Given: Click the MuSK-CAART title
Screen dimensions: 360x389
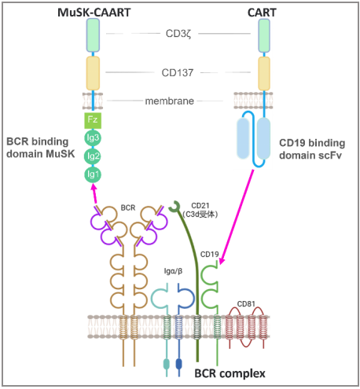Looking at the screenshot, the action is pyautogui.click(x=94, y=13).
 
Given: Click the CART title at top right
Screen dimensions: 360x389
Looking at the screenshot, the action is pyautogui.click(x=262, y=13).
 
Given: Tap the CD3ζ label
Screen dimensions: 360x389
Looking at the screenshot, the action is pyautogui.click(x=178, y=34).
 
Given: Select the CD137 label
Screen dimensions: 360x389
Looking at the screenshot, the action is pyautogui.click(x=178, y=72).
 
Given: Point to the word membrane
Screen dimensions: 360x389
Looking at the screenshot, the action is pyautogui.click(x=170, y=101).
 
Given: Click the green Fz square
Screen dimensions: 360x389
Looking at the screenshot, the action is pyautogui.click(x=93, y=120).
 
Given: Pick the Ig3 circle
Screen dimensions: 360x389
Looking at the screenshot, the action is pyautogui.click(x=93, y=138).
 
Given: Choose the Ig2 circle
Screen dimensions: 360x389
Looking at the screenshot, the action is pyautogui.click(x=93, y=156).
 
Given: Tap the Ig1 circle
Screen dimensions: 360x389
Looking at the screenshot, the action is pyautogui.click(x=93, y=174).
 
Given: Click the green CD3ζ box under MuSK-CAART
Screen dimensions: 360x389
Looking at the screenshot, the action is pyautogui.click(x=93, y=35).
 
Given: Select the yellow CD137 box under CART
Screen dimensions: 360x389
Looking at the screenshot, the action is pyautogui.click(x=264, y=74).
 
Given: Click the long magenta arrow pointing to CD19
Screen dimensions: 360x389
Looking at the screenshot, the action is pyautogui.click(x=237, y=217).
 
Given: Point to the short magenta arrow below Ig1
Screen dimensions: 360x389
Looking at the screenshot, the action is pyautogui.click(x=94, y=193).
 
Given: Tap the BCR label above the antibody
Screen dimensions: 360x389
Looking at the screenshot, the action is pyautogui.click(x=128, y=207).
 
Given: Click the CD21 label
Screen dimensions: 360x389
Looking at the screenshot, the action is pyautogui.click(x=200, y=206).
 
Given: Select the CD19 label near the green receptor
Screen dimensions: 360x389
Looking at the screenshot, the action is pyautogui.click(x=209, y=254).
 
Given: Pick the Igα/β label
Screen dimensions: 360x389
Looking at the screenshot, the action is pyautogui.click(x=173, y=271).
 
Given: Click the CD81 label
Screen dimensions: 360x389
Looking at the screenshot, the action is pyautogui.click(x=246, y=304).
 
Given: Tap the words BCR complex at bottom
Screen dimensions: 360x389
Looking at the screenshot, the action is pyautogui.click(x=230, y=373).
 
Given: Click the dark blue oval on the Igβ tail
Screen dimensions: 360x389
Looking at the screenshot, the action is pyautogui.click(x=179, y=364).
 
